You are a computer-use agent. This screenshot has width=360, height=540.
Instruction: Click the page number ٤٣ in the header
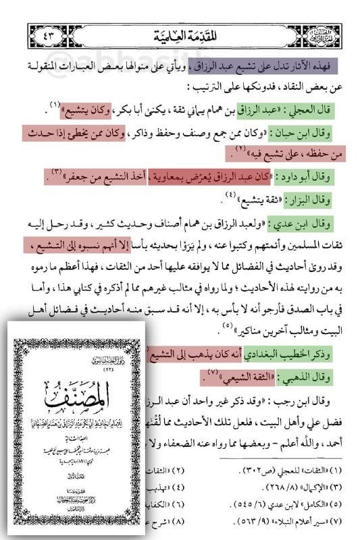48,32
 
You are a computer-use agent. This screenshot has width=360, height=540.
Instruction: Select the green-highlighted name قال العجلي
316,108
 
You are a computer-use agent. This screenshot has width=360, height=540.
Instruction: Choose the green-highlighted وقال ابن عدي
309,221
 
